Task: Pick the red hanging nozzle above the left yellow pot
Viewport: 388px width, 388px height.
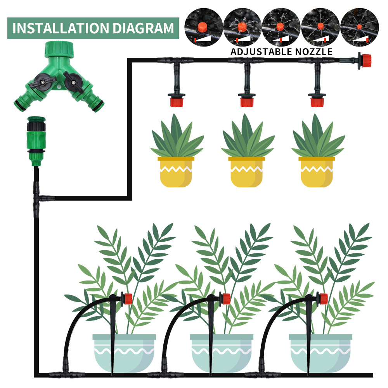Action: pos(176,102)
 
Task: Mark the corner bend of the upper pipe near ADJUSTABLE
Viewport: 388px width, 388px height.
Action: pos(130,60)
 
